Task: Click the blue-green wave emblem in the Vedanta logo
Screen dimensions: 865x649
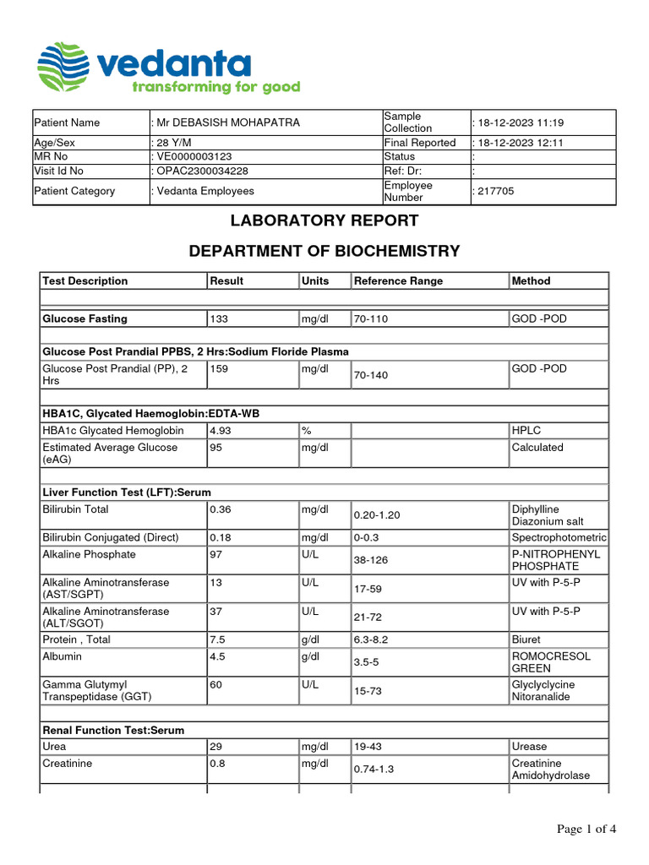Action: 64,67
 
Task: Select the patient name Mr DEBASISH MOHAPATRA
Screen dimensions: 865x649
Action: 227,122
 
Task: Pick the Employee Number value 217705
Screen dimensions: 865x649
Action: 495,192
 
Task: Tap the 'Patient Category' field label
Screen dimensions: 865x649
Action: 74,192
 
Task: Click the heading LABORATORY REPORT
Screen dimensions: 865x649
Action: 324,221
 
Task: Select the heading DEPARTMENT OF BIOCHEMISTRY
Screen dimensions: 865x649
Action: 324,251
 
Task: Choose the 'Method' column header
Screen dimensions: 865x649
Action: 531,281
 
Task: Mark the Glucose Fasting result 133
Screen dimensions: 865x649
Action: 219,319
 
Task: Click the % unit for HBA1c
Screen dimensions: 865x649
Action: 305,431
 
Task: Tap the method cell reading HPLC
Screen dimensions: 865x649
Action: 526,431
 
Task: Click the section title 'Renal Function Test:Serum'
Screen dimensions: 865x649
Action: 113,730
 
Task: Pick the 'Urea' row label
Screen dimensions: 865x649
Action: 54,747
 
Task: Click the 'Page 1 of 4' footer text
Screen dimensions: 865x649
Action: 586,830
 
